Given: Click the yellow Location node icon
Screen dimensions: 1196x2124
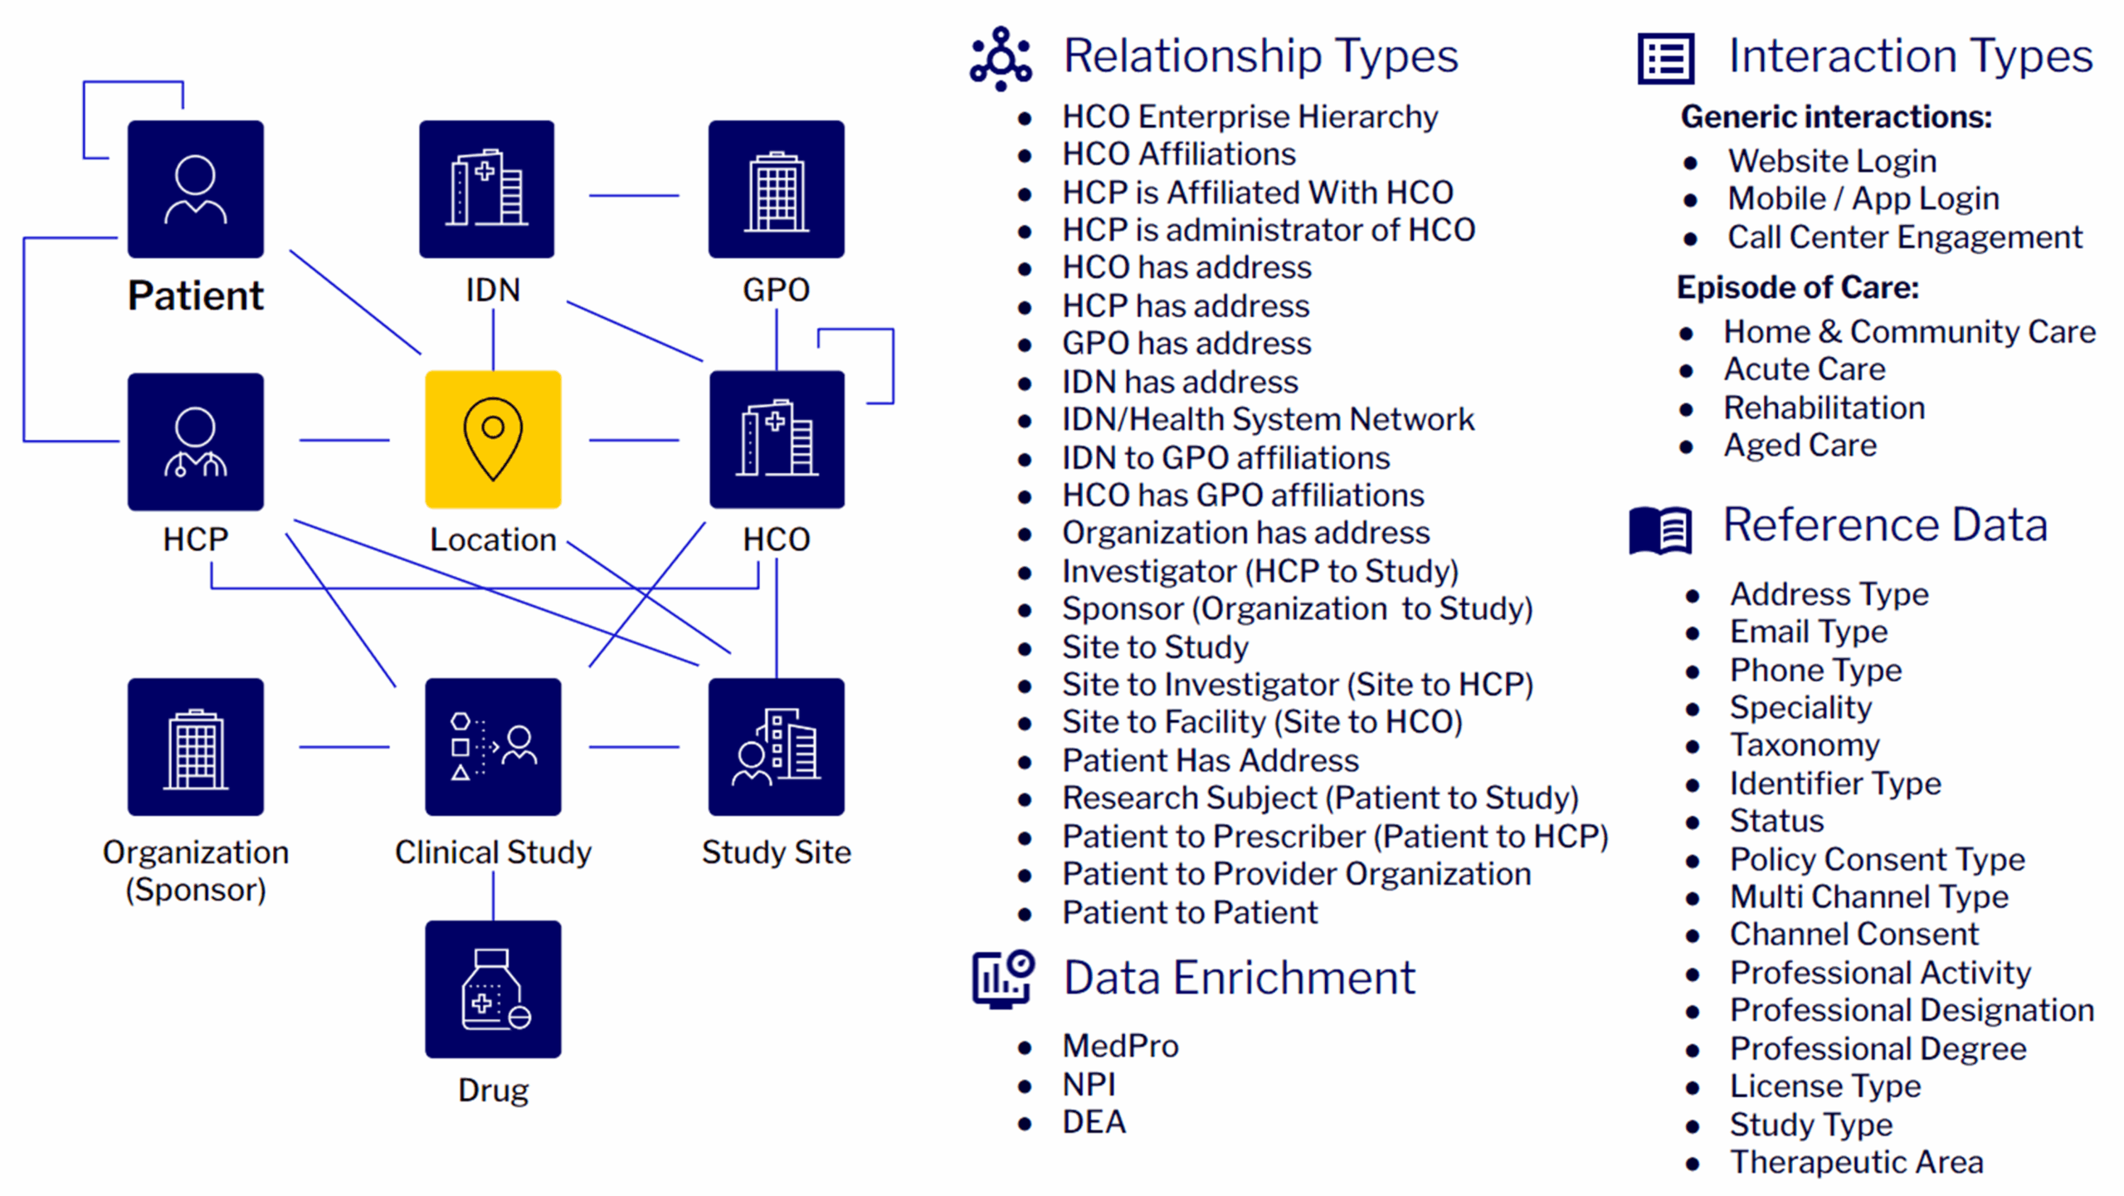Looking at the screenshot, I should point(493,439).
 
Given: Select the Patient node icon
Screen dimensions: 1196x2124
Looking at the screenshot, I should point(196,189).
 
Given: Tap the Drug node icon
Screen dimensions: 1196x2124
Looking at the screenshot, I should point(493,989).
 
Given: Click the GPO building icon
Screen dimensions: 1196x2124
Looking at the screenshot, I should point(776,189).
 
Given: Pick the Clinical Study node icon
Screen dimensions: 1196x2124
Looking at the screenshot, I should point(493,746).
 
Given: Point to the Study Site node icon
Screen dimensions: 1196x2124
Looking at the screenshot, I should point(776,746).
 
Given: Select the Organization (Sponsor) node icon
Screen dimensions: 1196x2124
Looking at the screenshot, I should point(196,746).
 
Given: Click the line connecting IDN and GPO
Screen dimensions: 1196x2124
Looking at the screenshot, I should point(633,196).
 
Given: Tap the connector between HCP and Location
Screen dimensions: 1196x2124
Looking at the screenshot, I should point(344,440).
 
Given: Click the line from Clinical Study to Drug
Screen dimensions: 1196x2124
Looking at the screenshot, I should point(493,896).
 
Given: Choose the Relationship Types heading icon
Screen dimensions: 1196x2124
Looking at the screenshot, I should point(1001,58).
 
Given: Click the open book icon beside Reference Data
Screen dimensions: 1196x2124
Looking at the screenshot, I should point(1660,529).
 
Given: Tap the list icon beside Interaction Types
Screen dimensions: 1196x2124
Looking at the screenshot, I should point(1665,58).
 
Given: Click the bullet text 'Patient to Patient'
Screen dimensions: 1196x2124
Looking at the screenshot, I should point(1190,912).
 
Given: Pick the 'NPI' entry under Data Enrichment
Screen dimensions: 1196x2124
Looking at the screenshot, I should point(1089,1084).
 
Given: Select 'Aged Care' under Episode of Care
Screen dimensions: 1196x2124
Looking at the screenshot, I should point(1800,446).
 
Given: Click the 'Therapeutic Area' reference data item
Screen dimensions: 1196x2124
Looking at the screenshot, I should point(1856,1162).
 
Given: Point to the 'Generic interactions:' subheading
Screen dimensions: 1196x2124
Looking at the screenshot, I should point(1835,117).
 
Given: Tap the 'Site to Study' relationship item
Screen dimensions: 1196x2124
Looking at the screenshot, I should point(1155,647).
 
